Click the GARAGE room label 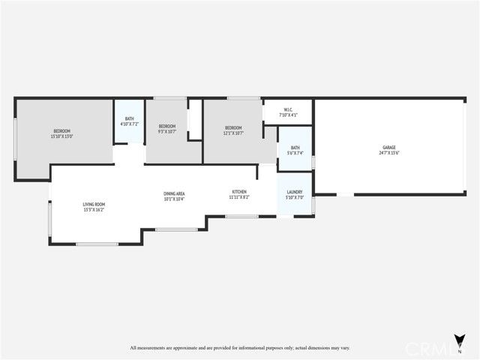click(x=388, y=148)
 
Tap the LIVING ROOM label click(x=94, y=204)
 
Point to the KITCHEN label click(x=238, y=192)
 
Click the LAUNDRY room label click(x=294, y=193)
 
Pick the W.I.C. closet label click(x=288, y=110)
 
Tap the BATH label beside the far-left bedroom click(x=129, y=118)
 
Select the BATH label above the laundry click(x=295, y=148)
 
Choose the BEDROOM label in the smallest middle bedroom click(x=166, y=126)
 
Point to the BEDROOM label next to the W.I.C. click(x=234, y=128)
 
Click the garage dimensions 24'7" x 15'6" click(x=388, y=153)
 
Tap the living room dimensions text click(x=94, y=209)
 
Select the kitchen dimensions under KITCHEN click(x=238, y=197)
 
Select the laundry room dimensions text click(x=294, y=198)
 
